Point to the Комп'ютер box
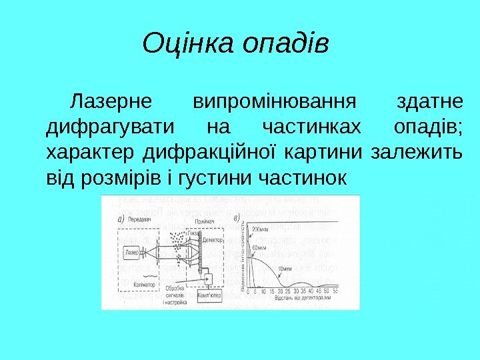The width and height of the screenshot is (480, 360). click(209, 295)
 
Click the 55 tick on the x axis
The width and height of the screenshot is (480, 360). click(335, 291)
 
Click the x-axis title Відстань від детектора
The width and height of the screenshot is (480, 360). click(296, 298)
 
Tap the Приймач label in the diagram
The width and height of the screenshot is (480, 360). click(206, 221)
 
